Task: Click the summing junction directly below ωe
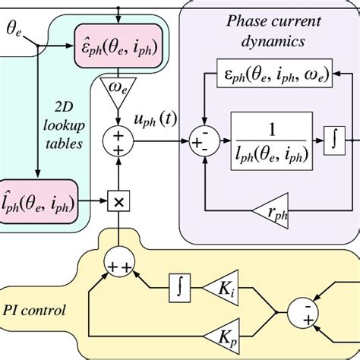(x=117, y=143)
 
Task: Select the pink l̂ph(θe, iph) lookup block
(x=43, y=201)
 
